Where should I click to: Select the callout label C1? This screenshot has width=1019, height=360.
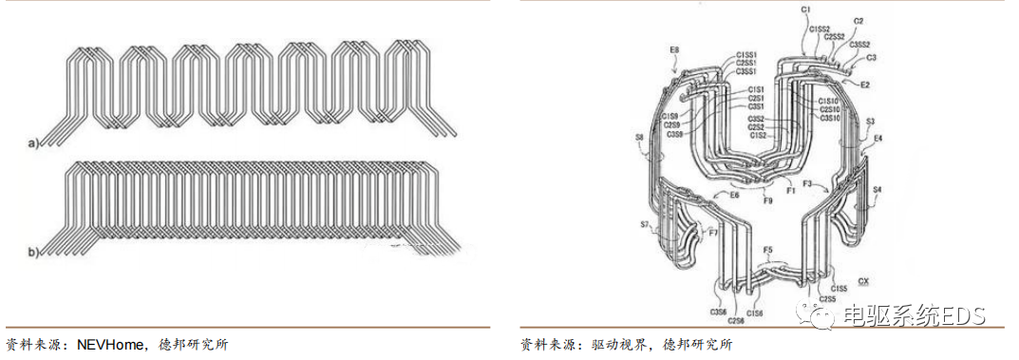805,9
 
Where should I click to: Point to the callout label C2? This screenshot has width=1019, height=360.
859,20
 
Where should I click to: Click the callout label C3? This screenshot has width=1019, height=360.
872,57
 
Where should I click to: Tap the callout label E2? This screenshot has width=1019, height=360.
865,85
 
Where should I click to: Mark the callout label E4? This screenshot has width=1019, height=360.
877,139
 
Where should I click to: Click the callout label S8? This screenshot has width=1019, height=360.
638,139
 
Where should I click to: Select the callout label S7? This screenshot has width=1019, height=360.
645,225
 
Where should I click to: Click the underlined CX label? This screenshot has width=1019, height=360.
862,281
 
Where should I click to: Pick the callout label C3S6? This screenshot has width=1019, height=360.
717,311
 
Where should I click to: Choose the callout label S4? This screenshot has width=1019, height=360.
877,189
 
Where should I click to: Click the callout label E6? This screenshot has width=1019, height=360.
734,194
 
